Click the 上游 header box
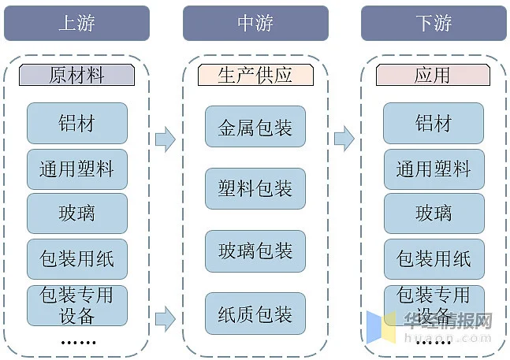click(x=76, y=23)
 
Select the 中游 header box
click(x=255, y=23)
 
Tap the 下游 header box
click(x=434, y=23)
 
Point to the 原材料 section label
click(x=76, y=75)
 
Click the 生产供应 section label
click(x=255, y=75)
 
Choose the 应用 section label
click(x=433, y=75)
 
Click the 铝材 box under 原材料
click(x=77, y=123)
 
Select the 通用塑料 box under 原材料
click(x=77, y=169)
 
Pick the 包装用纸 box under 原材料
click(x=77, y=259)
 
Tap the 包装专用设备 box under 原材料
click(x=77, y=306)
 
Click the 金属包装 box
click(x=255, y=126)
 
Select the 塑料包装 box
click(x=255, y=188)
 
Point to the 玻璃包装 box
click(x=255, y=251)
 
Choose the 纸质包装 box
click(x=255, y=314)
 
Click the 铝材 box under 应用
click(x=434, y=123)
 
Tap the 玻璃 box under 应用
click(x=434, y=213)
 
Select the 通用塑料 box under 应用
click(x=434, y=169)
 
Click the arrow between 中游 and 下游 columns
click(x=344, y=139)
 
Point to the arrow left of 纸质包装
click(x=166, y=319)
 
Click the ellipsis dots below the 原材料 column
click(x=78, y=343)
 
